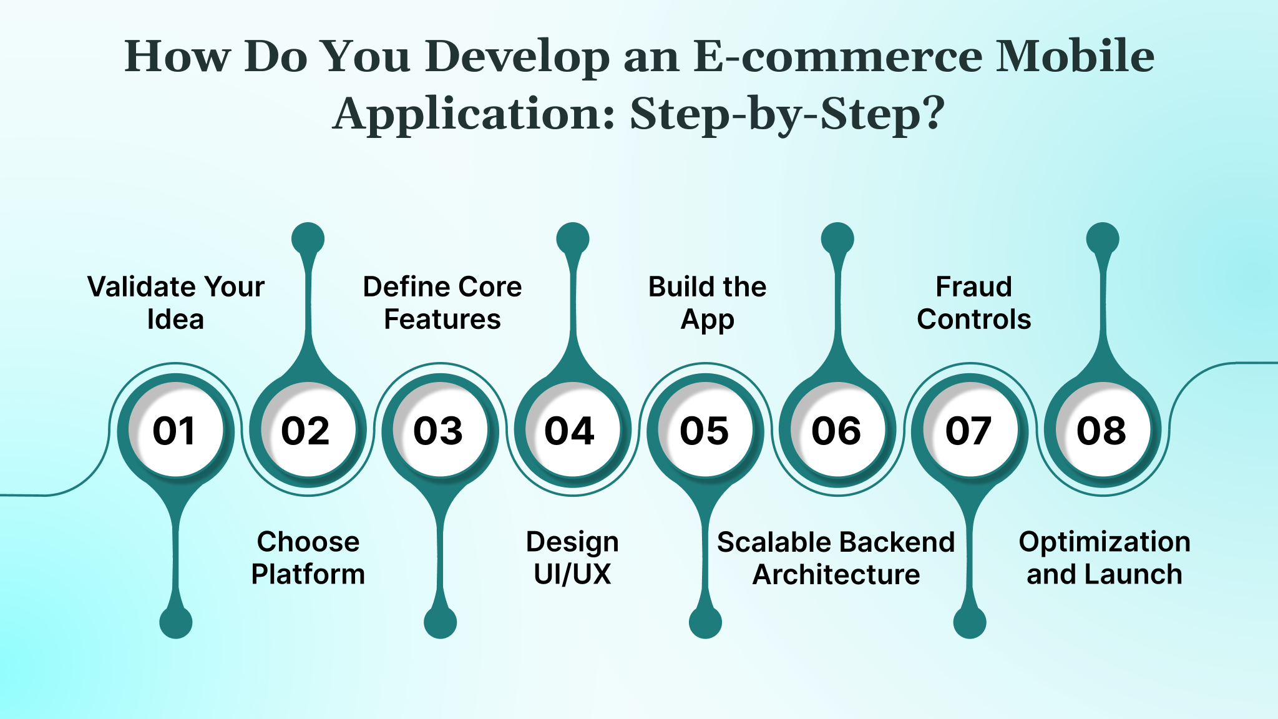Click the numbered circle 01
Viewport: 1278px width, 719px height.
point(175,430)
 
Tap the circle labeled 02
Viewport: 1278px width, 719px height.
point(308,430)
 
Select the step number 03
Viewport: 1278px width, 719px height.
point(440,430)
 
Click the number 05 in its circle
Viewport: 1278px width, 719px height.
point(705,430)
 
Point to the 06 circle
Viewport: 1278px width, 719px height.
point(837,430)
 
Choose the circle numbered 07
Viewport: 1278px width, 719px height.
point(970,430)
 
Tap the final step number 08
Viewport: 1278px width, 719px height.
point(1103,430)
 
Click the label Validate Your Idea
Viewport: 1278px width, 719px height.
point(175,303)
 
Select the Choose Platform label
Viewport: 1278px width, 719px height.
point(308,557)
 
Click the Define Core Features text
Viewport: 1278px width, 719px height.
point(442,303)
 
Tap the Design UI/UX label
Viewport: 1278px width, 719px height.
point(572,557)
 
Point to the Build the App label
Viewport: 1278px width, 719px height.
point(707,303)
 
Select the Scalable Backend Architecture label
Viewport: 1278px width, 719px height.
point(836,557)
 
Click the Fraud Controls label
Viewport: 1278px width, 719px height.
point(973,303)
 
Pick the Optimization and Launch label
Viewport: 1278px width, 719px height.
point(1105,557)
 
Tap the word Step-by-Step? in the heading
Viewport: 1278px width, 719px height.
point(788,114)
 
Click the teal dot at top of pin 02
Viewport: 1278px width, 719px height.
point(308,238)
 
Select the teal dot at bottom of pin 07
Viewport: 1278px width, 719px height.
point(970,622)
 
